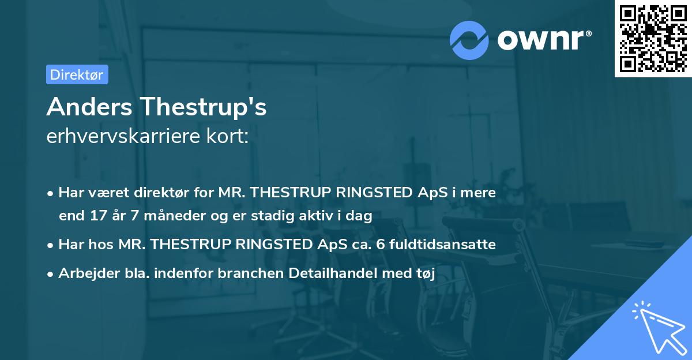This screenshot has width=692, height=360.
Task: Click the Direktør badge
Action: click(x=77, y=74)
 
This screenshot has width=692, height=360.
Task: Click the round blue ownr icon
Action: click(x=470, y=40)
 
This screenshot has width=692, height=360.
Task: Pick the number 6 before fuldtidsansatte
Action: click(x=380, y=245)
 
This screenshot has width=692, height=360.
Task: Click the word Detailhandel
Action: click(x=338, y=273)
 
